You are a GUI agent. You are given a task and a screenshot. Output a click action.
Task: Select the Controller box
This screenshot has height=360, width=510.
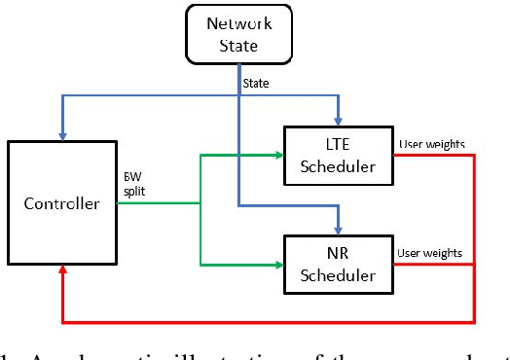click(61, 205)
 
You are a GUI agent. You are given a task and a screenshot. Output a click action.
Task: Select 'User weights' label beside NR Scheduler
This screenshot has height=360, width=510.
click(430, 254)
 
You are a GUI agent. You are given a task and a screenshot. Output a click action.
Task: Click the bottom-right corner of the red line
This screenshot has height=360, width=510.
click(474, 321)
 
